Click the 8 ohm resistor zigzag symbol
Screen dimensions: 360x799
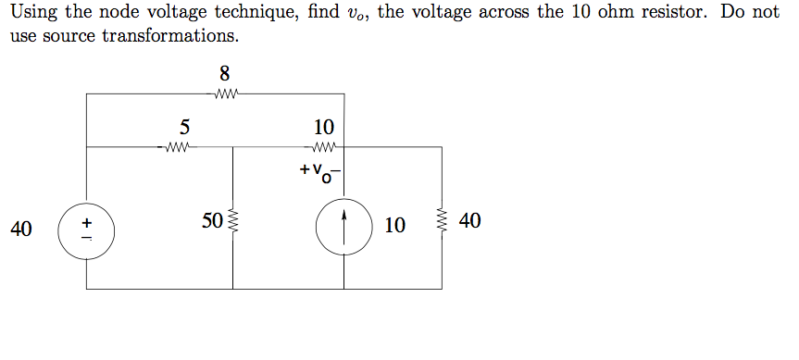click(x=226, y=93)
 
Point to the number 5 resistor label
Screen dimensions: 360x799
click(x=184, y=127)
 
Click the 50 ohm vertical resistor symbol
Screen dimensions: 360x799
click(x=233, y=221)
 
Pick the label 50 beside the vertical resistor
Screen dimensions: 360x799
click(x=212, y=220)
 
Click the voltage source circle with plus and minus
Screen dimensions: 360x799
click(x=87, y=230)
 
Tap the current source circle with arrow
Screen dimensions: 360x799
click(x=345, y=227)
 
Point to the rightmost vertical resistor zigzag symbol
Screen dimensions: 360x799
click(x=442, y=222)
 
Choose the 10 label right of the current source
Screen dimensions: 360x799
click(x=394, y=225)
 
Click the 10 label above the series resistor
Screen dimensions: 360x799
click(x=324, y=127)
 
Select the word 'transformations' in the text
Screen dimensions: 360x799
click(x=175, y=37)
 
